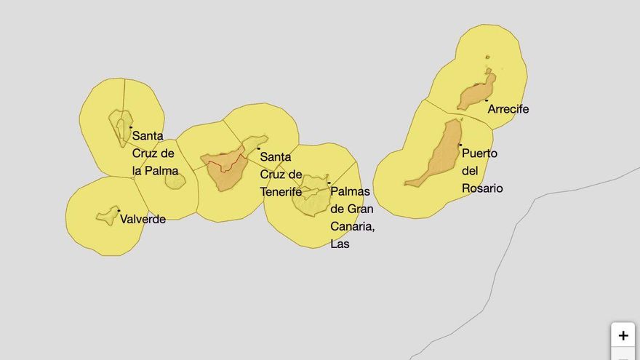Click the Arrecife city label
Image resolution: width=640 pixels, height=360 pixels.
pyautogui.click(x=508, y=110)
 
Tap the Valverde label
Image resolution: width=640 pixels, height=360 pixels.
pyautogui.click(x=143, y=219)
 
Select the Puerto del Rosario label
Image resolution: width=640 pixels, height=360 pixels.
pyautogui.click(x=481, y=171)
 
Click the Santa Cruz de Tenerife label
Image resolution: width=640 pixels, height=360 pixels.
pyautogui.click(x=281, y=175)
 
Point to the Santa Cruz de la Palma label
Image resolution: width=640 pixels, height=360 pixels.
pyautogui.click(x=154, y=153)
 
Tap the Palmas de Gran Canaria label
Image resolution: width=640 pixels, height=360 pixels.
pyautogui.click(x=352, y=217)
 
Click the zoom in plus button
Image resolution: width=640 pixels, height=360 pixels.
pyautogui.click(x=623, y=335)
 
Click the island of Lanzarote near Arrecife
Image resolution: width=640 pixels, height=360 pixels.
pyautogui.click(x=476, y=94)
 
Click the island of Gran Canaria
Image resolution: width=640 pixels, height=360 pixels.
pyautogui.click(x=312, y=195)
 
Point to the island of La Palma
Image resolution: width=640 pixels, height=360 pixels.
pyautogui.click(x=121, y=126)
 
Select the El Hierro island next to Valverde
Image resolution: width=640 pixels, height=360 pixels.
pyautogui.click(x=108, y=215)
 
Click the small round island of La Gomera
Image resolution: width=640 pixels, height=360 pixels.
pyautogui.click(x=175, y=180)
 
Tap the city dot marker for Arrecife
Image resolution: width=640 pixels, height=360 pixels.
pyautogui.click(x=487, y=100)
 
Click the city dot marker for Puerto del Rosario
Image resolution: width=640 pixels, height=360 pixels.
pyautogui.click(x=460, y=145)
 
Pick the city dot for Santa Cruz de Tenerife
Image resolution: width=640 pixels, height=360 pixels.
pyautogui.click(x=258, y=148)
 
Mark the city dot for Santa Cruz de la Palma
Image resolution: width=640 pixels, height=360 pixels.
pyautogui.click(x=131, y=127)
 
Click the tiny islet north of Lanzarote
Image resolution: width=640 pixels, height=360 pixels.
pyautogui.click(x=487, y=57)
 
